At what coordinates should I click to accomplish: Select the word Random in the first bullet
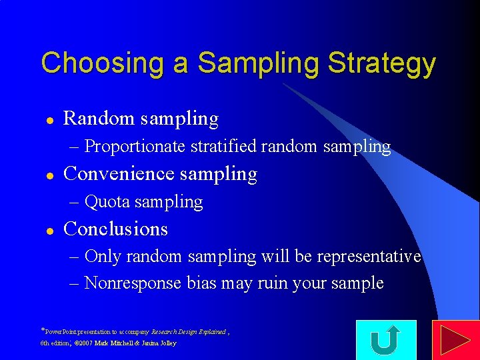99,119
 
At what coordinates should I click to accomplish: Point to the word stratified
223,146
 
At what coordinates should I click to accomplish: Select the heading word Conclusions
115,229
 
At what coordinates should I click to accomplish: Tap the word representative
369,257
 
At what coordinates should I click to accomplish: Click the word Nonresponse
133,283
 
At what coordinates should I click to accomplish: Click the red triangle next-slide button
455,340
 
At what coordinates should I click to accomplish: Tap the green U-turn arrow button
386,340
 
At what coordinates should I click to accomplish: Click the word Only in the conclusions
103,257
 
